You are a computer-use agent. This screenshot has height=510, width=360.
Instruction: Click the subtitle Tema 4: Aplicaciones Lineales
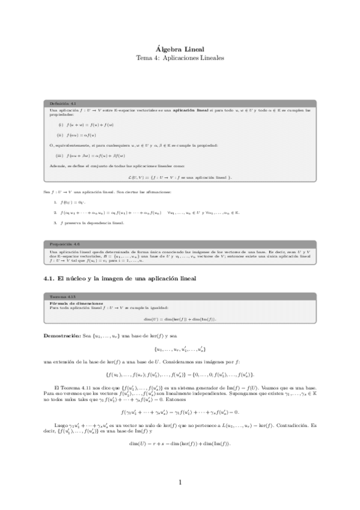point(180,58)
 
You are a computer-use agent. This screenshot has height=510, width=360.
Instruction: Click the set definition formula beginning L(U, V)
point(180,177)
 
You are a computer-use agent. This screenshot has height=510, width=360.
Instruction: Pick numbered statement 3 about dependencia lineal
point(90,223)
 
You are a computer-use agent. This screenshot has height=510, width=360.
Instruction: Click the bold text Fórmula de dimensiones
point(75,303)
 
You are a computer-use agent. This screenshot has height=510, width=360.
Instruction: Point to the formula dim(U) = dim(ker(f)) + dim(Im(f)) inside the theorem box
point(180,318)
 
